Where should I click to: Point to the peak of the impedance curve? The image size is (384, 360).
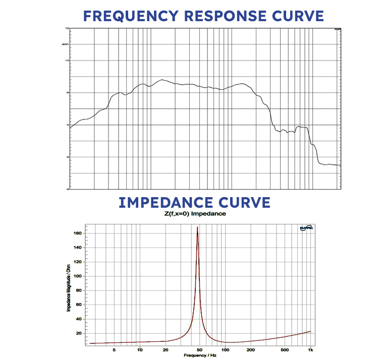coord(197,227)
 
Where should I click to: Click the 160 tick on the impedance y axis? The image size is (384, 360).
coord(77,233)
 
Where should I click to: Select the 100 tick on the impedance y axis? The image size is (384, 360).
coord(77,276)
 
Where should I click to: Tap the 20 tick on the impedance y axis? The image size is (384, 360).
coord(78,333)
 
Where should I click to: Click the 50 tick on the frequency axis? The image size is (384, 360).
coord(200,349)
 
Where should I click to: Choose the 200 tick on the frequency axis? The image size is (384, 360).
coord(251,349)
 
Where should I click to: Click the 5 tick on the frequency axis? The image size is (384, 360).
coord(115,349)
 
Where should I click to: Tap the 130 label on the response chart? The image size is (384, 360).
coord(66,29)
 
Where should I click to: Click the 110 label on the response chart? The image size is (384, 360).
coord(66,61)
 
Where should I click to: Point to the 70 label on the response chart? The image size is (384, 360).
coord(67,125)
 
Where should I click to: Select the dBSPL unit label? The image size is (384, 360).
coord(65,44)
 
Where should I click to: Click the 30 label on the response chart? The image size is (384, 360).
coord(67,189)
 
